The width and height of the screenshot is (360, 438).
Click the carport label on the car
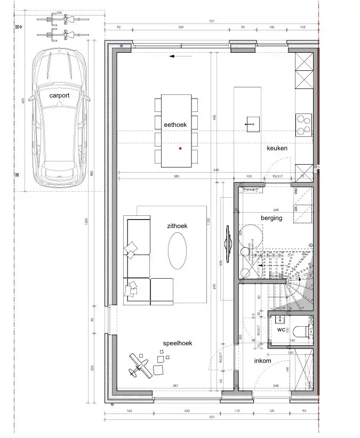point(60,95)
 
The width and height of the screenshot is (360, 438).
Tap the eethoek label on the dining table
point(175,124)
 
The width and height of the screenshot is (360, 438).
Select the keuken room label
point(277,148)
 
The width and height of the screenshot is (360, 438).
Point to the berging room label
point(271,218)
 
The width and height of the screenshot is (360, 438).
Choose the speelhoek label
point(178,343)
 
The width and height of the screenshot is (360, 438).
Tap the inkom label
point(262,361)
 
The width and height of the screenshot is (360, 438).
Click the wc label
point(281,330)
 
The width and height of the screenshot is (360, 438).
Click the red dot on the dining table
point(181,148)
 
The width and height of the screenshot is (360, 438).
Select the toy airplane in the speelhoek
point(138,366)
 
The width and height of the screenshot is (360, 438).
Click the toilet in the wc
point(302,331)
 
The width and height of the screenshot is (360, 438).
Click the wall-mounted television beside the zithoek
point(228,244)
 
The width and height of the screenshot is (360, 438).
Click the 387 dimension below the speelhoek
point(160,386)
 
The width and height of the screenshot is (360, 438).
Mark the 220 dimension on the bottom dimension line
point(187,411)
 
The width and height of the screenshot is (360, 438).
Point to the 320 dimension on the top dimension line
point(181,27)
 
